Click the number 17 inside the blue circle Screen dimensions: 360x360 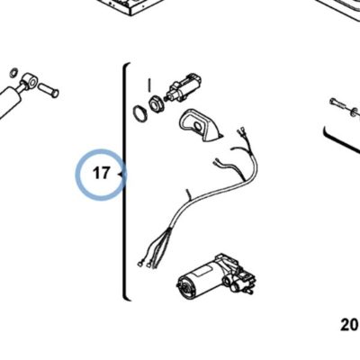[102, 173]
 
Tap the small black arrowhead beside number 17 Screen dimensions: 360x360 [121, 174]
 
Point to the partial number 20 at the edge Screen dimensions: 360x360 [350, 325]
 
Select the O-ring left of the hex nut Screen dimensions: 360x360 [139, 113]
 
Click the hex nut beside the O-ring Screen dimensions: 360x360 [156, 104]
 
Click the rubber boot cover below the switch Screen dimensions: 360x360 [201, 125]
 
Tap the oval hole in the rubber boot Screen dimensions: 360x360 [197, 126]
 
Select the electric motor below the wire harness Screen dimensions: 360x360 [217, 277]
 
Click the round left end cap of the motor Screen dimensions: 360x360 [184, 287]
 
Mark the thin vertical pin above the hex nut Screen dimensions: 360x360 [149, 85]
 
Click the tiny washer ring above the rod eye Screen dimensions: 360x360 [13, 72]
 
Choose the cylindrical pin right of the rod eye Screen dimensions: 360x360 [49, 90]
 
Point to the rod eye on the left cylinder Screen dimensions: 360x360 [30, 80]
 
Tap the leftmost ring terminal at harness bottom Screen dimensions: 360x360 [139, 264]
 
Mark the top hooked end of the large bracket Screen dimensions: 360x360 [128, 64]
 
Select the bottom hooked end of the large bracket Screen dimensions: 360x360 [127, 298]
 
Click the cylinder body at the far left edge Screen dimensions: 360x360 [9, 101]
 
